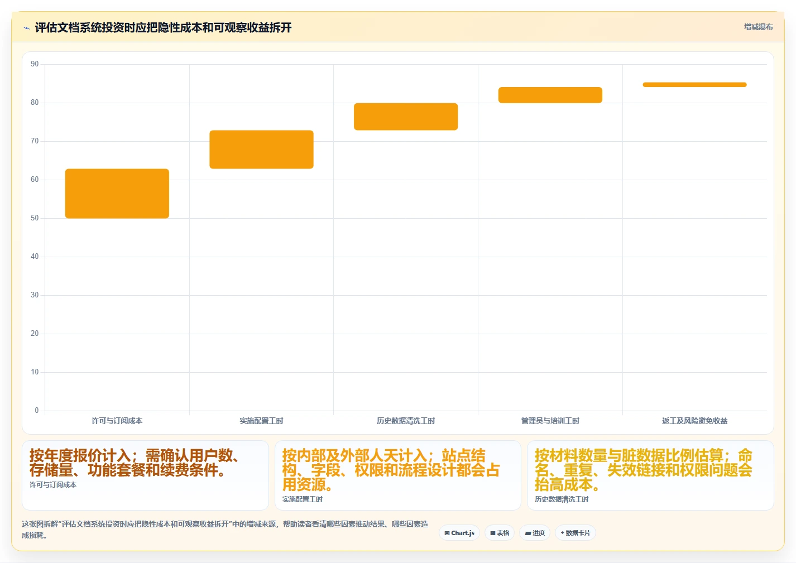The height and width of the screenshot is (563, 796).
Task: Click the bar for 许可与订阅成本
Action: (x=117, y=194)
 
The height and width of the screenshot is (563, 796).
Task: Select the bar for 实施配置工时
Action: (x=262, y=150)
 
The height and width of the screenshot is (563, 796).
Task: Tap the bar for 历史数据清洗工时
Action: (x=406, y=117)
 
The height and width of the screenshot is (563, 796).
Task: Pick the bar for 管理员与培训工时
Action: (x=550, y=95)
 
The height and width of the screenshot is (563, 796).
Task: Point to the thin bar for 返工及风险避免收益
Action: (x=695, y=85)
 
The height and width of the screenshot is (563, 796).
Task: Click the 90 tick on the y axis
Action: (x=35, y=64)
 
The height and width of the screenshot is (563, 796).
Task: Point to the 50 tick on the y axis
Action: (x=35, y=218)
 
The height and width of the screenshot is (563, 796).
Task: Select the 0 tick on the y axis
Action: (x=37, y=410)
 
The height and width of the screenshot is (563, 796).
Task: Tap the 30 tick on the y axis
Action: (x=35, y=295)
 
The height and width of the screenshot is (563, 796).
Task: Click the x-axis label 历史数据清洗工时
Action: (x=406, y=421)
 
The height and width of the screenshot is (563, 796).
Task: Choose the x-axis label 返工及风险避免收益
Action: (x=695, y=421)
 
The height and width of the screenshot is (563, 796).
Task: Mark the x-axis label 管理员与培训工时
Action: (x=550, y=421)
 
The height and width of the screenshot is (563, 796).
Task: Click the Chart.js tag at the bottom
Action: (x=459, y=533)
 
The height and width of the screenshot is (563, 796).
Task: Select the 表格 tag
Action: (x=500, y=533)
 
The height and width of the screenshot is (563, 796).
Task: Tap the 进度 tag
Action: (x=535, y=533)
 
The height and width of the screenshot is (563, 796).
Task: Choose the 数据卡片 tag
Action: (x=576, y=533)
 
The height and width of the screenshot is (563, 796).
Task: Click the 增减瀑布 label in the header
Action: (x=759, y=27)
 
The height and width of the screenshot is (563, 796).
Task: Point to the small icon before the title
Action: (x=27, y=28)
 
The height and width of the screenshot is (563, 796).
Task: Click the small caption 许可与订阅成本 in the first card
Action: (x=53, y=485)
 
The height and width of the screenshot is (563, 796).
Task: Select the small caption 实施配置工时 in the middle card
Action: (x=303, y=499)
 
